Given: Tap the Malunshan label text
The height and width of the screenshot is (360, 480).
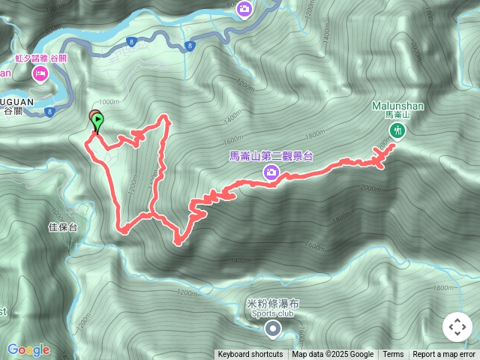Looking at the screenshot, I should click(397, 106).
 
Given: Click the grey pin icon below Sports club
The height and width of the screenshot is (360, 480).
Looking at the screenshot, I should click(273, 328).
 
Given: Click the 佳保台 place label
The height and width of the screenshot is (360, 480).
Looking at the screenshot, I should click(63, 226).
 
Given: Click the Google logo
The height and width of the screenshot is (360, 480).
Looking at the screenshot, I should click(28, 349).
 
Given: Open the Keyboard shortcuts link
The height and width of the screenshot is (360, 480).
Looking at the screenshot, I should click(250, 355).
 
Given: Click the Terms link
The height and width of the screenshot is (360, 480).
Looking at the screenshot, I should click(393, 355).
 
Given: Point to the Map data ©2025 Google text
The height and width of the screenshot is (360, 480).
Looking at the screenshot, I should click(333, 355).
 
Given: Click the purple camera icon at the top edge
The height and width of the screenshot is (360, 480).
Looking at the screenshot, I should click(244, 9).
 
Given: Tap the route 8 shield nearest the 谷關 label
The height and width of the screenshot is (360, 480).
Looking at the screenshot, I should click(49, 112).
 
